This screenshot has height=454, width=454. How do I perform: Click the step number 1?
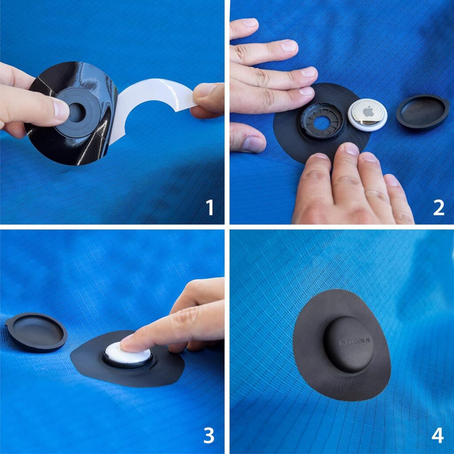point(210,207)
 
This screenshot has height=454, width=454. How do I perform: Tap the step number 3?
point(208,435)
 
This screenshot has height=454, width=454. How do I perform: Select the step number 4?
point(437,435)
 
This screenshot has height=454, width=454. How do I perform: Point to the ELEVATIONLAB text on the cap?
point(354,341)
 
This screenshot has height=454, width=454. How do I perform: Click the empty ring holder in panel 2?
point(322,121)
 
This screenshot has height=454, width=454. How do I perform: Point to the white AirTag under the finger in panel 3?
point(129,355)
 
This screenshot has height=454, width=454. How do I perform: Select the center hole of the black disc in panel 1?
point(76,113)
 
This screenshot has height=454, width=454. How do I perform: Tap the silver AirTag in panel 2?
point(368,114)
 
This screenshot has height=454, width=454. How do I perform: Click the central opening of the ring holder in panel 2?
point(321,122)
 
